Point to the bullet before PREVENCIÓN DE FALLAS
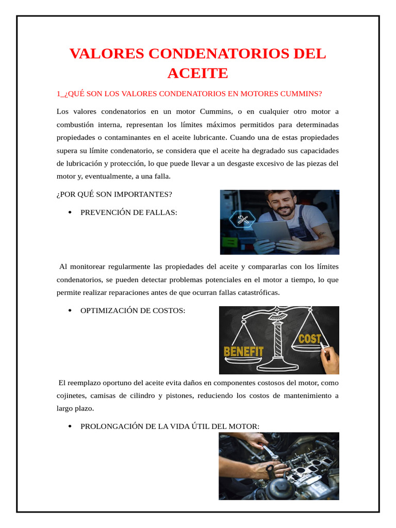pyautogui.click(x=70, y=212)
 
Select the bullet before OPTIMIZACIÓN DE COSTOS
pyautogui.click(x=70, y=311)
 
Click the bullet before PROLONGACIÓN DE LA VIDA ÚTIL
pyautogui.click(x=70, y=426)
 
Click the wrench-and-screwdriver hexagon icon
pyautogui.click(x=242, y=220)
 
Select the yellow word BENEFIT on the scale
pyautogui.click(x=243, y=352)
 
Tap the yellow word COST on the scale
pyautogui.click(x=310, y=339)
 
